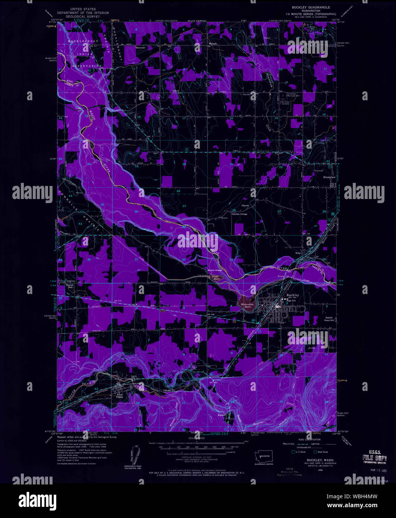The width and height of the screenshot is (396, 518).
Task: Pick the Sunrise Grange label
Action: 240,214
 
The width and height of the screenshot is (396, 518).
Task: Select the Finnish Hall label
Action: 71,286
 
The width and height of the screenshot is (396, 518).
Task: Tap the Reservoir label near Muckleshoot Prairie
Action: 140,48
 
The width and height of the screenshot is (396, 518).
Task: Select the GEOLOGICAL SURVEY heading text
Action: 83,17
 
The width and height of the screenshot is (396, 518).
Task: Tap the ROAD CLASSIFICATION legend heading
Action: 304,440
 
